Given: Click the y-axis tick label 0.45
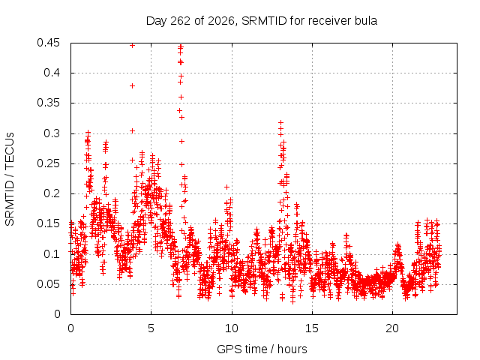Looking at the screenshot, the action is [48, 43].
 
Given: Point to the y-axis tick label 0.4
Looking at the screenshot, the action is [52, 73].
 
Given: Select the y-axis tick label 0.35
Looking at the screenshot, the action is [48, 103].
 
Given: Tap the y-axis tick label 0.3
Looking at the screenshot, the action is [52, 133].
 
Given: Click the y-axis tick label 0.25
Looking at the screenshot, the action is [48, 163].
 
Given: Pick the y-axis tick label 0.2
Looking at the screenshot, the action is [52, 193].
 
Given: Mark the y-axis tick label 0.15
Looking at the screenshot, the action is [48, 223].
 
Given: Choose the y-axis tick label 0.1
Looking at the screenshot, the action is [52, 253].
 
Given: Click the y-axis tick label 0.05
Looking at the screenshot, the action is [48, 283].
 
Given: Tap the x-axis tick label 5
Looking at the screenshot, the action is [151, 328].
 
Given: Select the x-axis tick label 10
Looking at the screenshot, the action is [232, 328].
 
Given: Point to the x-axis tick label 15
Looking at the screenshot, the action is [312, 328].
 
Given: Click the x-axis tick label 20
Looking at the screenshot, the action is [392, 328].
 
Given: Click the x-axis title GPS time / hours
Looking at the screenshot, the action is [262, 349].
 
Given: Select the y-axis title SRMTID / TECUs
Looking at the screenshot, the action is [10, 179].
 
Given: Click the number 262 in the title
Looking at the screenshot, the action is [181, 21].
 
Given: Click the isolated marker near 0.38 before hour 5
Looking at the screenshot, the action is [132, 86].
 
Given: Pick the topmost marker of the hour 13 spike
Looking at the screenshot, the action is [280, 123].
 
